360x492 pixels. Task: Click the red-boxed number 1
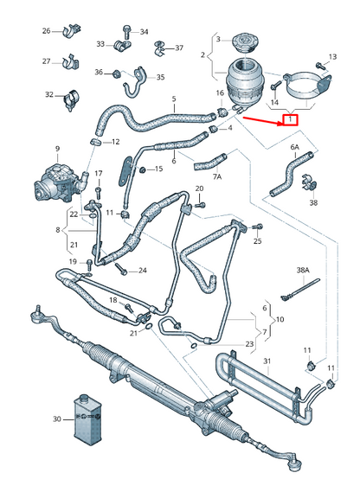291,120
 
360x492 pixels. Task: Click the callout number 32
49,94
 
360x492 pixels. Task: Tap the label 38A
303,271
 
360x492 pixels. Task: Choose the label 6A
294,148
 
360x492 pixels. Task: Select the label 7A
217,176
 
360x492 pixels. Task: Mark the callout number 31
267,361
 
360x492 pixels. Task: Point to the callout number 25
257,241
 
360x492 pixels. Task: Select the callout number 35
160,77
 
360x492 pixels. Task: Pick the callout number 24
142,271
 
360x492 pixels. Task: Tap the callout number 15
157,169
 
